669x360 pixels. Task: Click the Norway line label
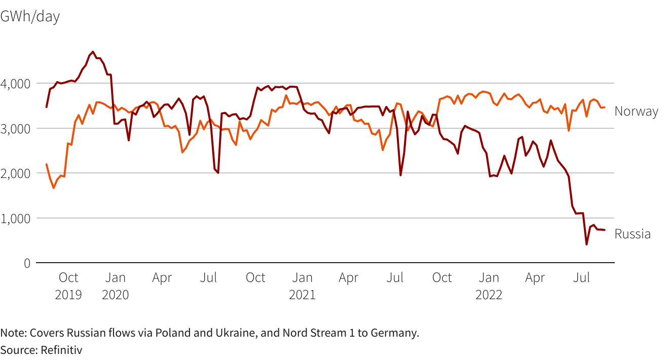coord(636,112)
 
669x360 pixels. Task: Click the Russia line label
coord(633,234)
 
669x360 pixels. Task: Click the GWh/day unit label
coord(30,16)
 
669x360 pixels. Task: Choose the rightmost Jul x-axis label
coord(581,278)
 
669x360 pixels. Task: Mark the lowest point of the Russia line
coord(586,244)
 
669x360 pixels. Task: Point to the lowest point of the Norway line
coord(54,188)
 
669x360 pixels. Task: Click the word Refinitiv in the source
coord(61,349)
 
